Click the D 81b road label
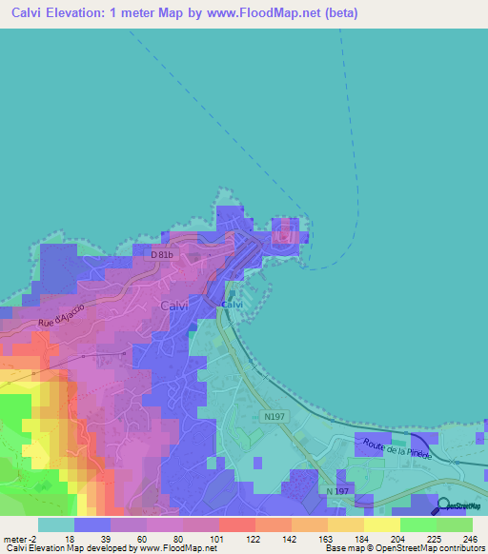tap(164, 254)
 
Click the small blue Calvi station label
tap(233, 305)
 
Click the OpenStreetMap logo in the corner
tap(458, 506)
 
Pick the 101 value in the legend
tap(219, 538)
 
